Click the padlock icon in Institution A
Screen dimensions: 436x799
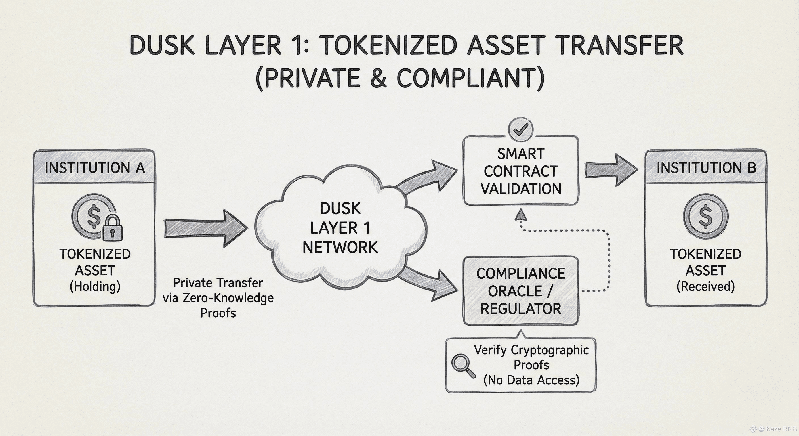[112, 229]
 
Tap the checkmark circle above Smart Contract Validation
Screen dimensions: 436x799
[521, 129]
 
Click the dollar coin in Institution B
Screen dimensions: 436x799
[706, 216]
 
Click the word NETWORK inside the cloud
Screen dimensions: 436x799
[340, 247]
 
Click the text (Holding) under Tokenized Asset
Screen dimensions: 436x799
[95, 286]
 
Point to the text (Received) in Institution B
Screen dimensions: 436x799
[706, 286]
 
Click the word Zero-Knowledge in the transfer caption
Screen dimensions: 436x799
[228, 298]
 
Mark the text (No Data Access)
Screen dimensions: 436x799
[531, 380]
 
